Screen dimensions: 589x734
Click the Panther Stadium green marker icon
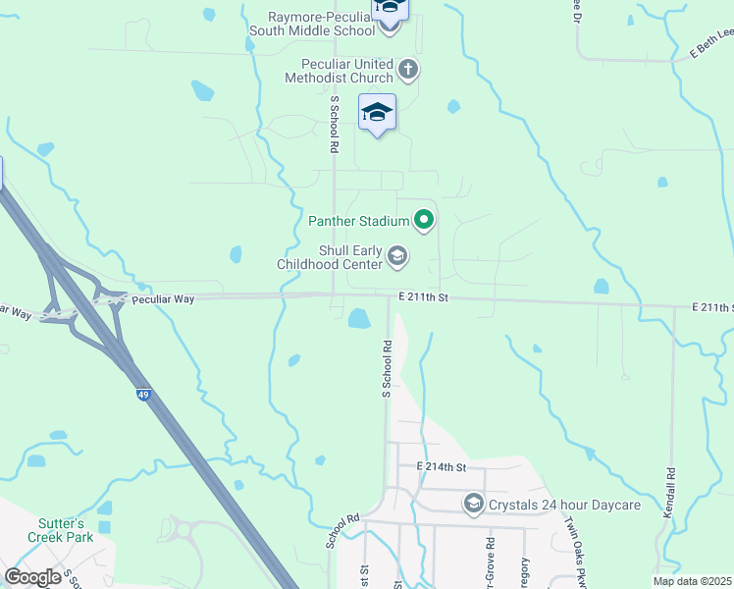(x=424, y=220)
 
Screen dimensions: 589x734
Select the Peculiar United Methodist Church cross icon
(x=408, y=71)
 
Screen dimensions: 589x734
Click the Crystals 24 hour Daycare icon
(x=473, y=505)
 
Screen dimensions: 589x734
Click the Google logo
(x=34, y=576)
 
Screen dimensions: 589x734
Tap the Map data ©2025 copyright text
(x=691, y=581)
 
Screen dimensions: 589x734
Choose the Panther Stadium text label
(x=358, y=220)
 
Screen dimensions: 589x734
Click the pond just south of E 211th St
(x=358, y=318)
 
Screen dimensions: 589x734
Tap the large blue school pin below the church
(x=377, y=113)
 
